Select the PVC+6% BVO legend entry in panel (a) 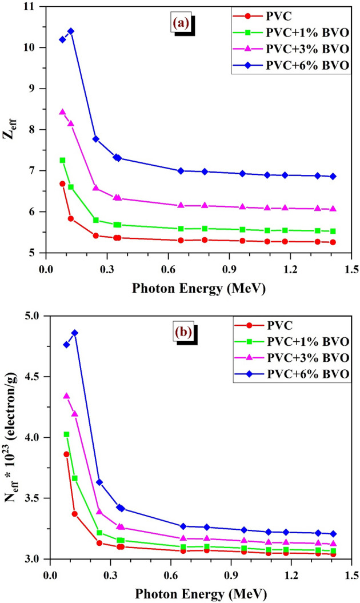297,66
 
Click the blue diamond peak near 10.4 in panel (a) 71,31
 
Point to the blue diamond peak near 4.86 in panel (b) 74,333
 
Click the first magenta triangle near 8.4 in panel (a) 62,112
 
